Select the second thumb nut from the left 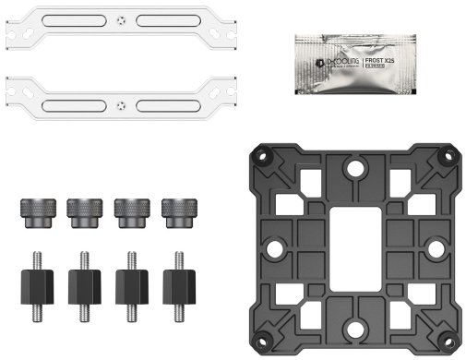(x=81, y=211)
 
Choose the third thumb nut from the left (x=128, y=211)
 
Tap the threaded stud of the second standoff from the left (x=81, y=258)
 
